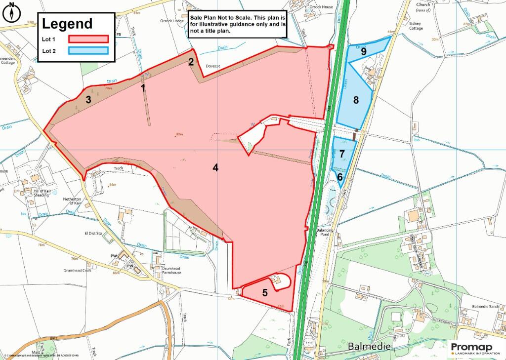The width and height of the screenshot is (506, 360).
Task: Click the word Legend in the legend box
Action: pos(67,24)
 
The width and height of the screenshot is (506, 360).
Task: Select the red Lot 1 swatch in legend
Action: pos(88,39)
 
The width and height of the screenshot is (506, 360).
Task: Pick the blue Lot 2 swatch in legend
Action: pos(88,50)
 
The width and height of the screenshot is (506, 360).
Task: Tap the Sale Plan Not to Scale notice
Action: pos(238,24)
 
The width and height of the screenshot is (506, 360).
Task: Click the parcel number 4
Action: pos(215,167)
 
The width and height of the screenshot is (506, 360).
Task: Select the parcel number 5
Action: pos(265,292)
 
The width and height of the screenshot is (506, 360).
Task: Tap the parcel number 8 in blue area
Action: pos(355,100)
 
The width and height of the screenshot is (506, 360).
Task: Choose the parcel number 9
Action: pos(363,51)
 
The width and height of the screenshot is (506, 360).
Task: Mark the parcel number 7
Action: pos(342,153)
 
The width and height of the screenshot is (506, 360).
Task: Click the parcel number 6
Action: pos(340,176)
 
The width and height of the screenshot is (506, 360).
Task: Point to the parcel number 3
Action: pos(88,99)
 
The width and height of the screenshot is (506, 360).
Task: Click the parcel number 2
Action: pos(190,62)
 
